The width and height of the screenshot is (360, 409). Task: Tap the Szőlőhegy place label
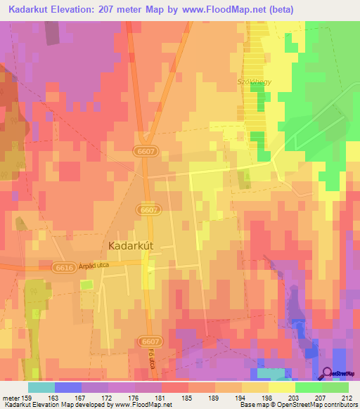252,81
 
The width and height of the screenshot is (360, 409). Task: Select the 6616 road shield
62,267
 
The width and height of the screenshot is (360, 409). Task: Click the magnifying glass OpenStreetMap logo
327,374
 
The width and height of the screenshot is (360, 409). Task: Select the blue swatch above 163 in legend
68,387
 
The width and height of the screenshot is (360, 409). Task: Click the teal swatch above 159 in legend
41,387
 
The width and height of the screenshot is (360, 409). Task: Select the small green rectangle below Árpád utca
86,284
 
